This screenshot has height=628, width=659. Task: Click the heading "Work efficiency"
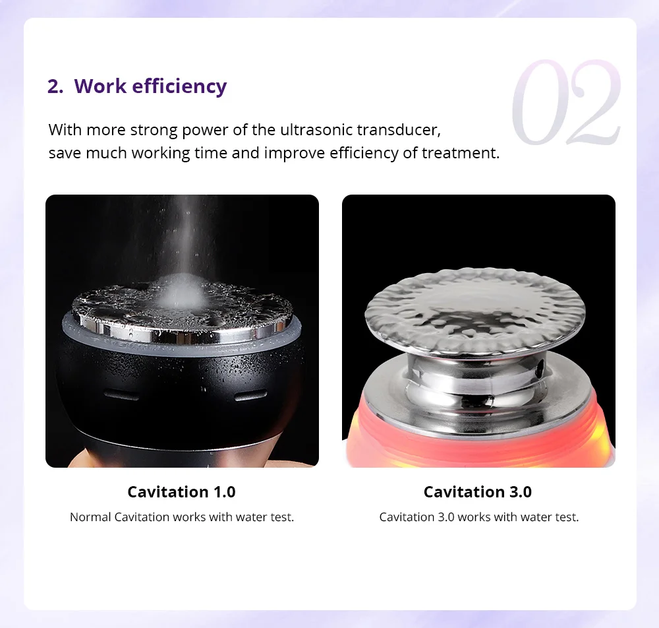click(150, 86)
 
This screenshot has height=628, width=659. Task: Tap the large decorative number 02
click(566, 102)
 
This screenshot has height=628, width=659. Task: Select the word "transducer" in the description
click(399, 130)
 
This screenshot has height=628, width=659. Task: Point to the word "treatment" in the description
click(461, 152)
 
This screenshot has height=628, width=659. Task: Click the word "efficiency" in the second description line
click(364, 153)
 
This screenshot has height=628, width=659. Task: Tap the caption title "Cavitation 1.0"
click(182, 491)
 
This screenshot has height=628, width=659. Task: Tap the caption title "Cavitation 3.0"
click(478, 491)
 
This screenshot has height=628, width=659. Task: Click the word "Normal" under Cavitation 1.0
click(90, 517)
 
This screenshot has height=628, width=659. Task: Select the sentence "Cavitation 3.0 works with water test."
click(479, 517)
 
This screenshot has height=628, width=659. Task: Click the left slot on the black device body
click(121, 395)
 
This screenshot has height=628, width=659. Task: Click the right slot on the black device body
click(250, 395)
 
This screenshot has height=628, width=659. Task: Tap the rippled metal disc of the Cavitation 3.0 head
click(475, 311)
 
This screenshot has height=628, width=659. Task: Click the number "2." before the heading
click(55, 86)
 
